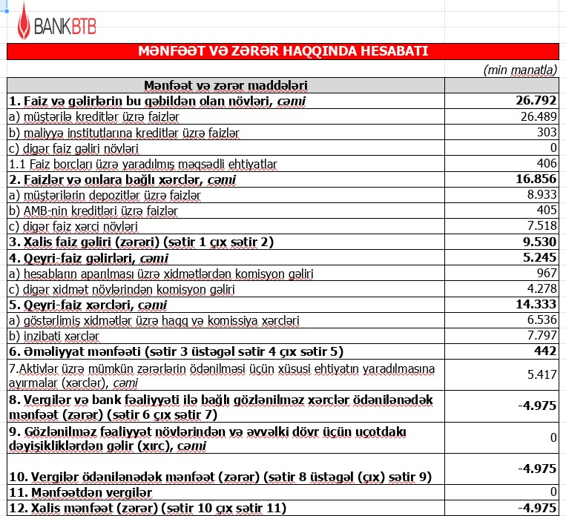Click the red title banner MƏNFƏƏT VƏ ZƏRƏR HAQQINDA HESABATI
tap(283, 51)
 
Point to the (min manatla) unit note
tap(520, 70)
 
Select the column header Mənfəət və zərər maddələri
tap(226, 86)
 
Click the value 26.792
tap(536, 101)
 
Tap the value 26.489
tap(539, 116)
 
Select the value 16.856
tap(536, 179)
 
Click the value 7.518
tap(541, 226)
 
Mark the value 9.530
tap(539, 242)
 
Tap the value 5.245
tap(539, 258)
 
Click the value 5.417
tap(542, 375)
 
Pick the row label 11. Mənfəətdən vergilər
tap(80, 492)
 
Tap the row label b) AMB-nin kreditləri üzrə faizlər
tap(93, 211)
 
